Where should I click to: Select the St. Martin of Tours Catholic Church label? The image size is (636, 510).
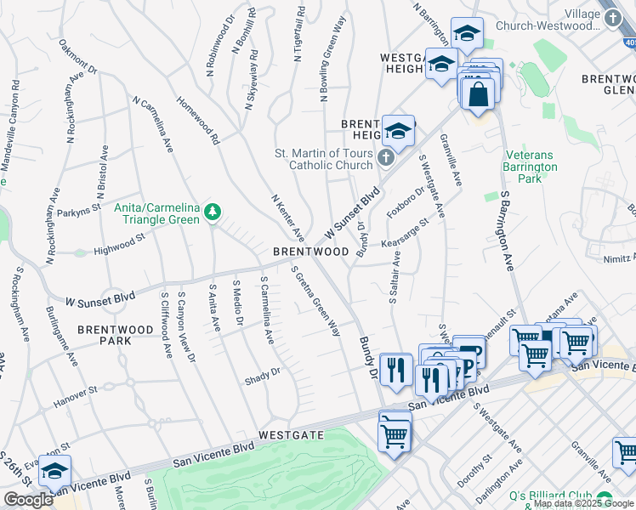click(x=323, y=159)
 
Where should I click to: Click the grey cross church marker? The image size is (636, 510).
click(x=385, y=158)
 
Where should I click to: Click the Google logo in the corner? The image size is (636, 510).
click(x=28, y=500)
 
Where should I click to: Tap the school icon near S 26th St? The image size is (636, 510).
click(x=54, y=471)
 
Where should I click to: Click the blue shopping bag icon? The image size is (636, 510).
click(x=479, y=92)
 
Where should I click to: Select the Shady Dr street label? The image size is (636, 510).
click(x=262, y=371)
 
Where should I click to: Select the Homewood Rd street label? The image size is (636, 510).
click(x=198, y=120)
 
